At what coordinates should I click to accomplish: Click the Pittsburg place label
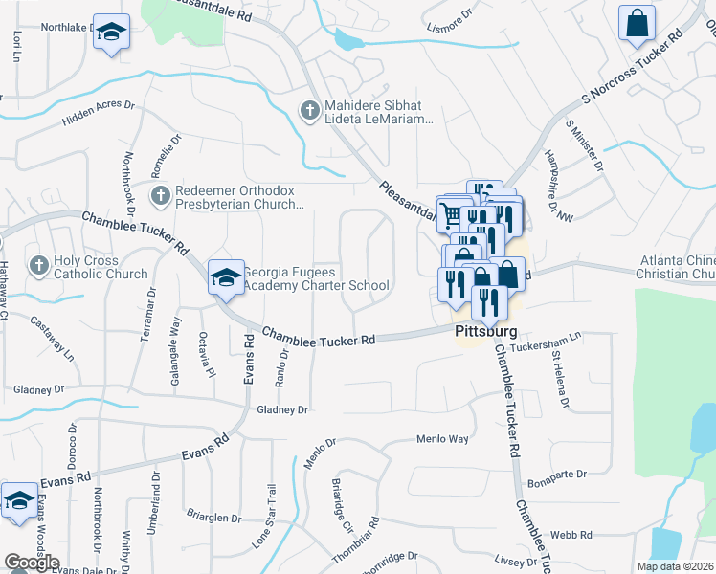click(x=484, y=332)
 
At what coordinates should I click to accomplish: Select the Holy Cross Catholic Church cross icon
click(x=39, y=265)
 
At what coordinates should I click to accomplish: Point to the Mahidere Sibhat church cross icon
click(x=309, y=111)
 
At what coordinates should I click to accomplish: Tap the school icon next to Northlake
click(x=112, y=32)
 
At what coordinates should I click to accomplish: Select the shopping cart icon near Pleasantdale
click(x=450, y=211)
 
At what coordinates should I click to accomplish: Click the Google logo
click(x=32, y=563)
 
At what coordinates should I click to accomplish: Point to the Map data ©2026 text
click(x=675, y=566)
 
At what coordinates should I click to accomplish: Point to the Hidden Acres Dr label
click(x=99, y=114)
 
